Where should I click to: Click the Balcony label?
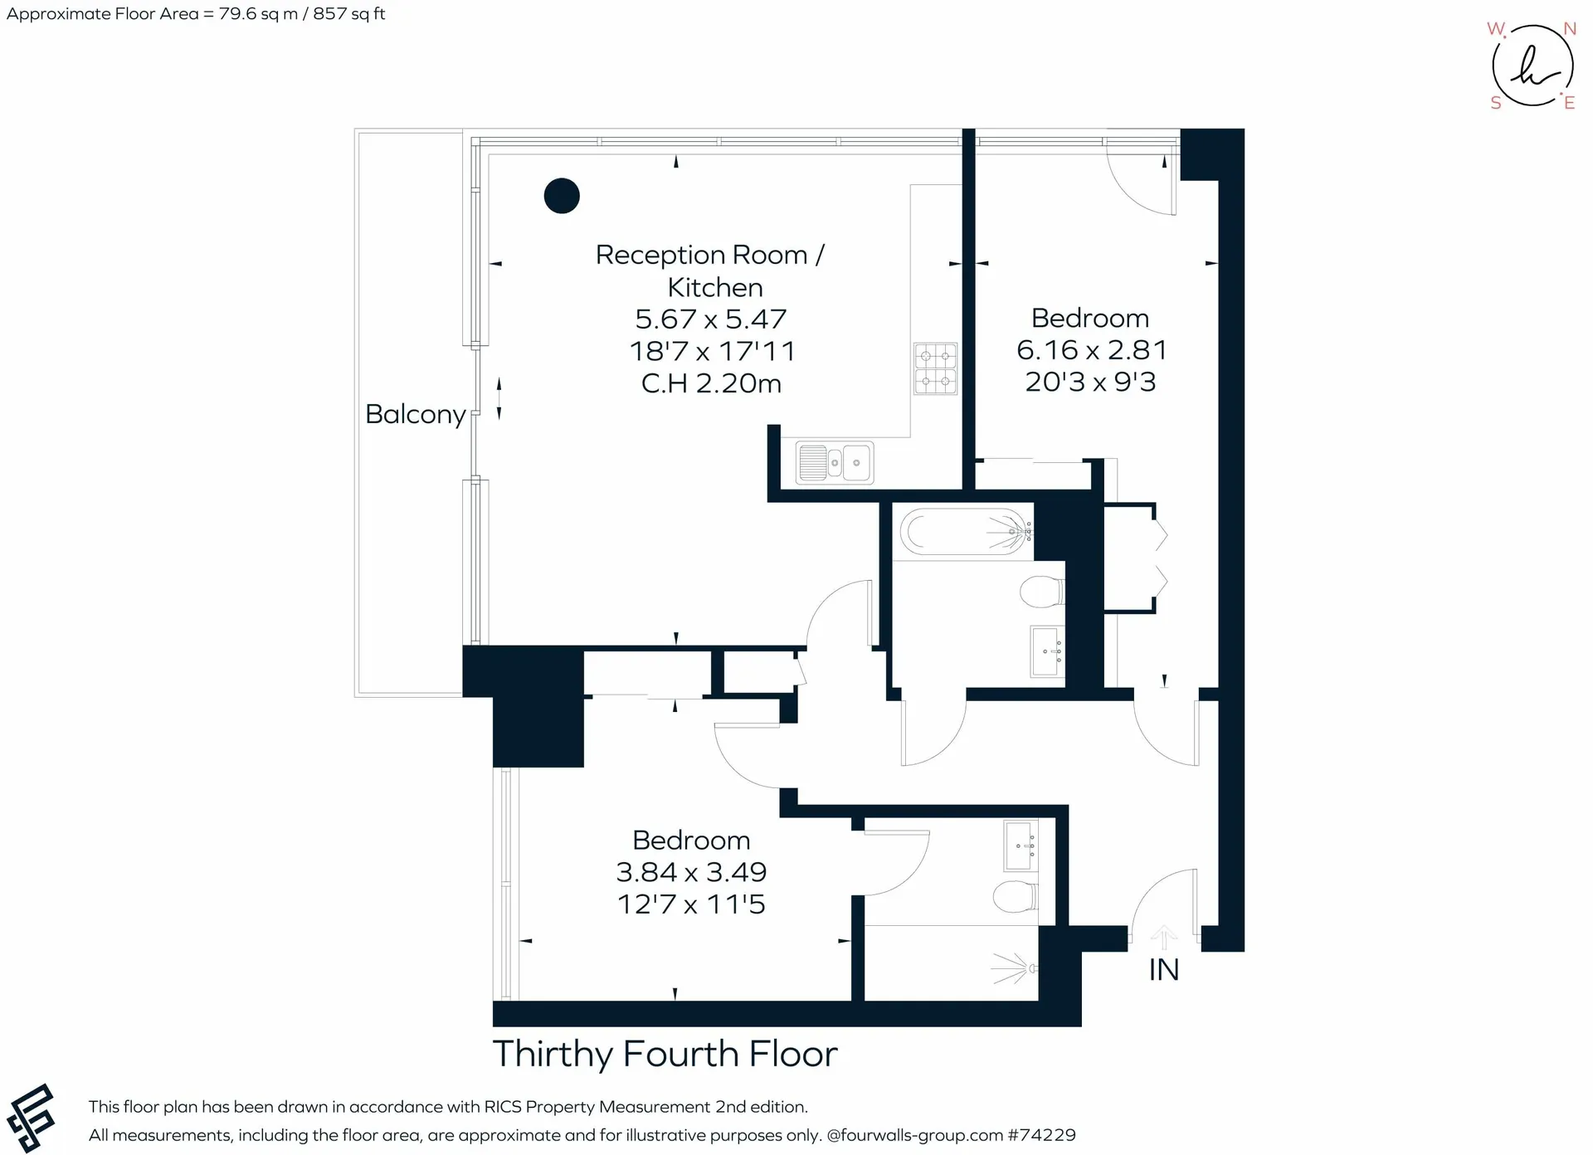click(416, 414)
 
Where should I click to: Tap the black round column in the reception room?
click(562, 196)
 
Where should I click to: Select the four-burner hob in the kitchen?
click(935, 368)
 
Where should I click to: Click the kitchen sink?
click(834, 462)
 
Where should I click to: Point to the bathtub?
click(967, 531)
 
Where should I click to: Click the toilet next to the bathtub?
click(1041, 592)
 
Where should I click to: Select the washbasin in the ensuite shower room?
click(1021, 846)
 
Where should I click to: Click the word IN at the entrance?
click(1163, 970)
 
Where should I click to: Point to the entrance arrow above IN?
click(1163, 938)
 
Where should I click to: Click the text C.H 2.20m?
click(711, 383)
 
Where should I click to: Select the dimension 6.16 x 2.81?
click(1091, 350)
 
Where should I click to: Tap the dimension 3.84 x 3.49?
click(691, 872)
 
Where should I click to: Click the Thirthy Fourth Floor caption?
click(665, 1054)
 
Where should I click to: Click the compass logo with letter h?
click(1532, 66)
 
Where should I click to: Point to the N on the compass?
click(1569, 29)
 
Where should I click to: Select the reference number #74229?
click(1042, 1135)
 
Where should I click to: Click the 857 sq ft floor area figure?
click(348, 14)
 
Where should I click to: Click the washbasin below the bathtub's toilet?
click(1047, 651)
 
